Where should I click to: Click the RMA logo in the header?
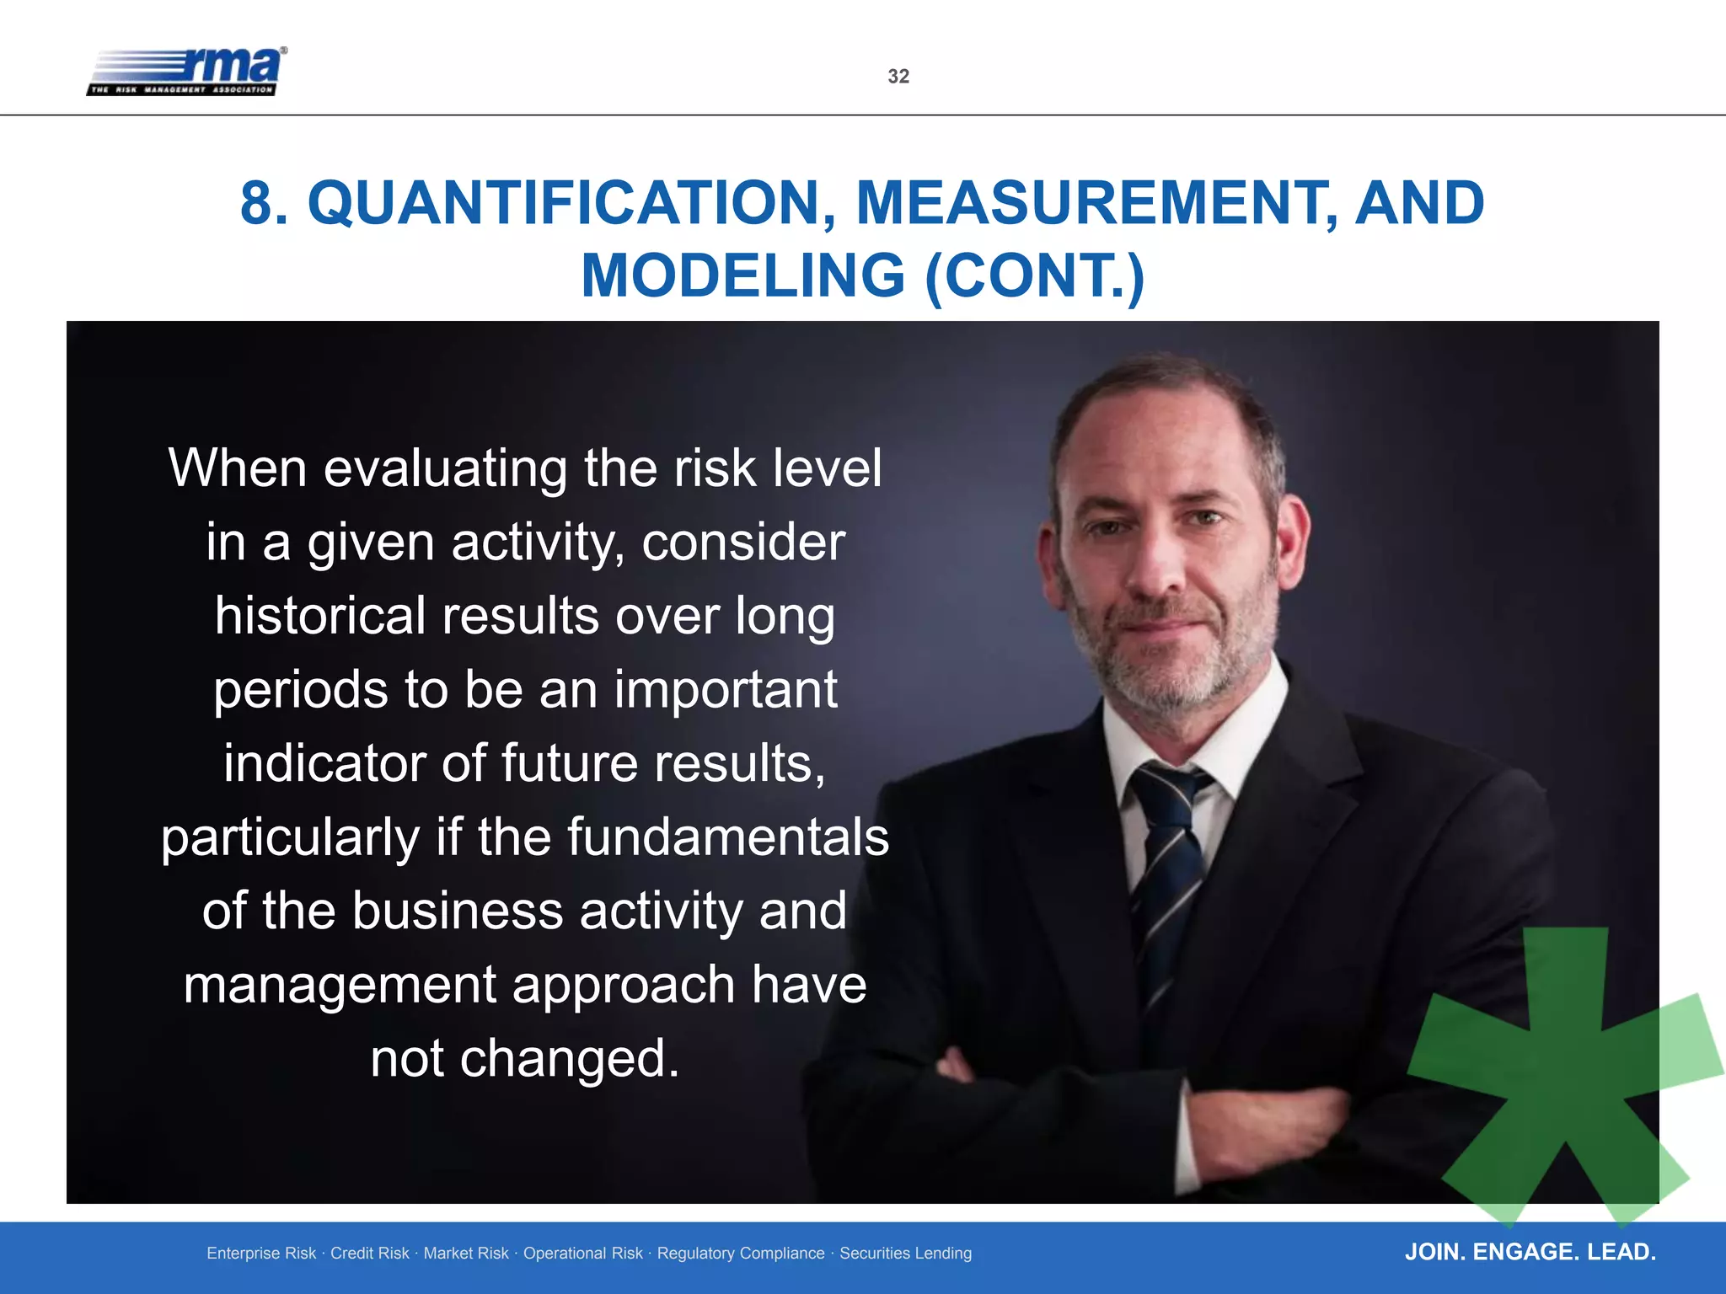(x=187, y=71)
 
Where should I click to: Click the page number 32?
(x=898, y=77)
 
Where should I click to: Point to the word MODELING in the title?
(x=742, y=276)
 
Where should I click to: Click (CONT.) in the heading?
(x=1034, y=276)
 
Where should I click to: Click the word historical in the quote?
(x=320, y=616)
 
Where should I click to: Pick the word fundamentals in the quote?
(x=727, y=837)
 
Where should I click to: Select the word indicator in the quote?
(x=324, y=763)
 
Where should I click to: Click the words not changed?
(x=524, y=1059)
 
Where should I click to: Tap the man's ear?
(x=1293, y=539)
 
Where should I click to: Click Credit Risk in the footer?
(x=369, y=1254)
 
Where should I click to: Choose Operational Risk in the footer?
(x=582, y=1254)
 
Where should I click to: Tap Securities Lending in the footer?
(x=905, y=1254)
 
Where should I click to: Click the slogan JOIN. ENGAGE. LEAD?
(x=1530, y=1252)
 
